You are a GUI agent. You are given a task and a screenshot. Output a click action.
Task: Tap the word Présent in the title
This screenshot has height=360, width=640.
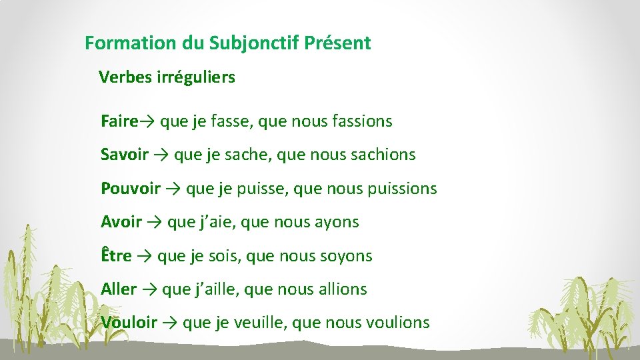point(337,44)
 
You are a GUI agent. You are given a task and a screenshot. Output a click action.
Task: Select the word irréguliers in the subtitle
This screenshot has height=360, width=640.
point(195,77)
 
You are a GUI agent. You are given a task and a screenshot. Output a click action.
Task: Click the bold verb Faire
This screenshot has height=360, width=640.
point(119,121)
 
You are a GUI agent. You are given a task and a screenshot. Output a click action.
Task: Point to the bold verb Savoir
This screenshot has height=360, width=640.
point(125,155)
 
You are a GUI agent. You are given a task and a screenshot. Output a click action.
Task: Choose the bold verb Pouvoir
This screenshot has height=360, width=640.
point(131,189)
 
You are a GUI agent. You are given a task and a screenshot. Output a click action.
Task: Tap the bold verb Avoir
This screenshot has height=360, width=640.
point(121,222)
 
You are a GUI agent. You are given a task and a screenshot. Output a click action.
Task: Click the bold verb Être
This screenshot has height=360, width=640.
point(116,255)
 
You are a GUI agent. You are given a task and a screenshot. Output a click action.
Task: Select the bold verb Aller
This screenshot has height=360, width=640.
point(119,289)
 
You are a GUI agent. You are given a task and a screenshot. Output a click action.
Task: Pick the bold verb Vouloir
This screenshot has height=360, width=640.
point(129,323)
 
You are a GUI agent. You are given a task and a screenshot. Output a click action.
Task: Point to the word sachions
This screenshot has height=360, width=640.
point(383,155)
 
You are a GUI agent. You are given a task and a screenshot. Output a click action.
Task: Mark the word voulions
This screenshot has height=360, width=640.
point(398,323)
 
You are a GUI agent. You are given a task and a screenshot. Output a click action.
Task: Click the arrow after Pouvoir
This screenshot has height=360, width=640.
point(173,189)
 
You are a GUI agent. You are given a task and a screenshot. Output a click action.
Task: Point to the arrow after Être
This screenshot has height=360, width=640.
point(144,256)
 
